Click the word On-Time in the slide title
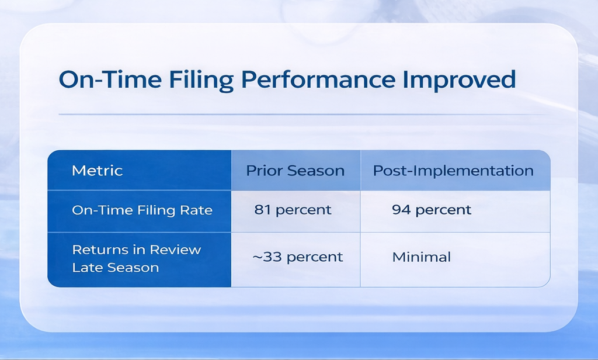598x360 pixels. tap(110, 79)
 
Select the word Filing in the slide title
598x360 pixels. tap(201, 81)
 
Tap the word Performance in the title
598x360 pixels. tap(318, 79)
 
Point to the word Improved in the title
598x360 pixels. tap(460, 80)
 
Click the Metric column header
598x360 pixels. tap(98, 170)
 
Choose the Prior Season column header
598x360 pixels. tap(295, 170)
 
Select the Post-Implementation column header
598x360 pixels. tap(453, 171)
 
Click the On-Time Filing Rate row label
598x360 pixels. tap(142, 210)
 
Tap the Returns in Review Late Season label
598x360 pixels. tap(136, 258)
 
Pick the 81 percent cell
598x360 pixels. tap(293, 210)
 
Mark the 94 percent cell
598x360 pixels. tap(432, 210)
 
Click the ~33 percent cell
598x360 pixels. tap(297, 257)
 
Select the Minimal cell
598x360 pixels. tap(422, 257)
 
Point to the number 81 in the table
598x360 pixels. tap(262, 210)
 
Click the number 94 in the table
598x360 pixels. tap(401, 210)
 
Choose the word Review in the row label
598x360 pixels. tap(175, 250)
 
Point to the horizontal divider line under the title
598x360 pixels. tap(304, 114)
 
